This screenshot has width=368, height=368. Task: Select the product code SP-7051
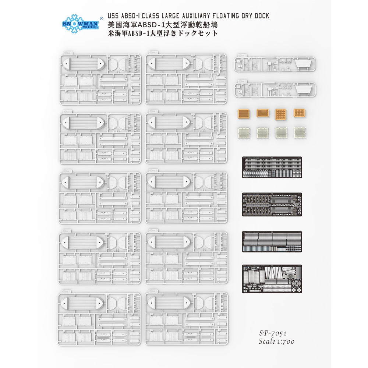tap(273, 333)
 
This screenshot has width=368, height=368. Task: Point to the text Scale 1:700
tap(276, 341)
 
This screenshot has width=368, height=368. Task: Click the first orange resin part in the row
tap(244, 114)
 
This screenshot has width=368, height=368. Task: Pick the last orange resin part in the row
tap(300, 113)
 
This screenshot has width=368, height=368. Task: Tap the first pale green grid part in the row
tap(244, 133)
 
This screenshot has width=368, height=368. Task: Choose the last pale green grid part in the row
tap(300, 133)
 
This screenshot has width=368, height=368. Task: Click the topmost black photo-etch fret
tap(272, 167)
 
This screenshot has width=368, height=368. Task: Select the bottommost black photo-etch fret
tap(272, 279)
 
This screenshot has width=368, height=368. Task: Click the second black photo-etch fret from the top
tap(272, 204)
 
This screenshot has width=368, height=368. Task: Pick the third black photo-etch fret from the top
tap(272, 241)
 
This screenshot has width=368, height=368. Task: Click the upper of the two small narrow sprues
tap(275, 64)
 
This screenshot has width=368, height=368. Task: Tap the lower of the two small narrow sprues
tap(275, 89)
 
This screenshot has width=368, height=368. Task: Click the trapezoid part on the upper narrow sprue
tap(303, 64)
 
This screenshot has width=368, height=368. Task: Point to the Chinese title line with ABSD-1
tap(163, 25)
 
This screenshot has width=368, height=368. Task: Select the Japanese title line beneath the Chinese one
tap(163, 33)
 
